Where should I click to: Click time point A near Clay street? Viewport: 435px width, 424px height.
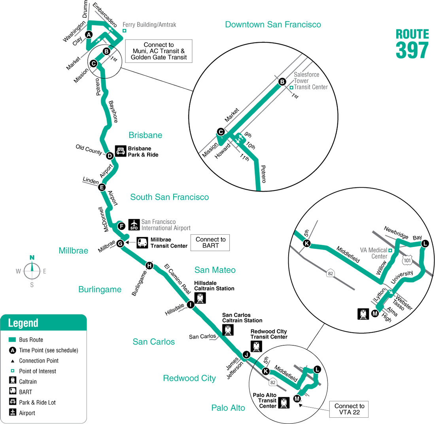89,35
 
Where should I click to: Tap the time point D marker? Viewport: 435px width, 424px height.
110,156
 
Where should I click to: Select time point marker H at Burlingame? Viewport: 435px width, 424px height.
149,266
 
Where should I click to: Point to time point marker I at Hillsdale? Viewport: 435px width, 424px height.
190,305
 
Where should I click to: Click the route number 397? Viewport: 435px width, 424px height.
412,50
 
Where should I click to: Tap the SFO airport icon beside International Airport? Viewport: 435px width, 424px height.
134,225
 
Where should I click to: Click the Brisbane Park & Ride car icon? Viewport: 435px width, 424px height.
121,151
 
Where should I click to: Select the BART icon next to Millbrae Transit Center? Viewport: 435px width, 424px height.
142,243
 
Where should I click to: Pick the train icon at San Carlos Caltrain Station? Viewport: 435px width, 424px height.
228,330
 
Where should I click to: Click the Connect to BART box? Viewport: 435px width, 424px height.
210,243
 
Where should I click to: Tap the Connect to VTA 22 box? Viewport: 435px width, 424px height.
349,409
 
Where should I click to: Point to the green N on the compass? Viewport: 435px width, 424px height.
32,258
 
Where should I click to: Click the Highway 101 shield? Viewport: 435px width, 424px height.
407,260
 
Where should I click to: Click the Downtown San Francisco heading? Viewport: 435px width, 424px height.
273,24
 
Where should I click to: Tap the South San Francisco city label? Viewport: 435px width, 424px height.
170,197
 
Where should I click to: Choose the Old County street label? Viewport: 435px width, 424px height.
89,149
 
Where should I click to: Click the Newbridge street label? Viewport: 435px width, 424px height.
396,232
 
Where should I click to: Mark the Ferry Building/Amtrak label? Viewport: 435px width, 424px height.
149,24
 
